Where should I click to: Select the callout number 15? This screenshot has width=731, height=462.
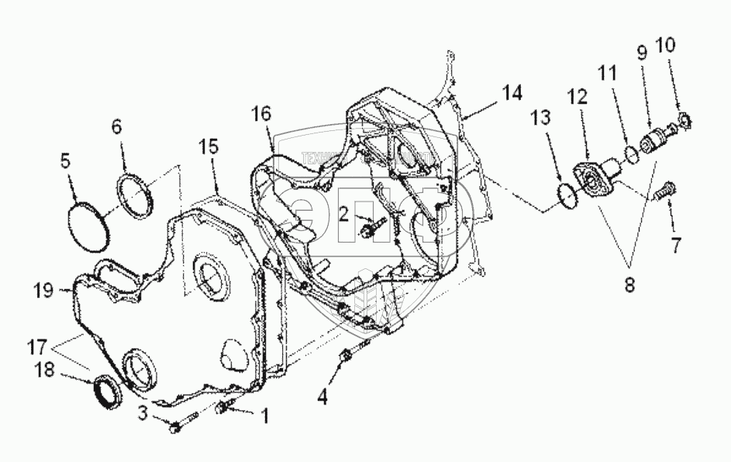click(x=209, y=147)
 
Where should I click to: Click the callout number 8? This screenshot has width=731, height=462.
click(x=629, y=284)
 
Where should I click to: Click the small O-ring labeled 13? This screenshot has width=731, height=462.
click(x=567, y=195)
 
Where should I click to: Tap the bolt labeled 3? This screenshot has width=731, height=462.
click(x=175, y=426)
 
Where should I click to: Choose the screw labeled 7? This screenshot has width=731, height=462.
click(x=664, y=188)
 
